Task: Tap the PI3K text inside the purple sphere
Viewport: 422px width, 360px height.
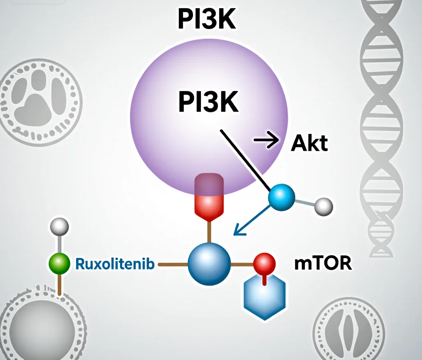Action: pyautogui.click(x=208, y=102)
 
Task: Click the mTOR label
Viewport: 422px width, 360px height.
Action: pyautogui.click(x=323, y=264)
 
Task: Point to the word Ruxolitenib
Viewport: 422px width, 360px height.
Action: pyautogui.click(x=115, y=264)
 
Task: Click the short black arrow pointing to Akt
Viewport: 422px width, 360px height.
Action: pyautogui.click(x=267, y=140)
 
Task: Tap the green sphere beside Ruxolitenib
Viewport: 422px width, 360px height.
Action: pyautogui.click(x=59, y=264)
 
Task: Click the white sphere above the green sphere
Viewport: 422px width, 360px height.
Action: pyautogui.click(x=59, y=227)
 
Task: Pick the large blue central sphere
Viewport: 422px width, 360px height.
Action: pyautogui.click(x=209, y=264)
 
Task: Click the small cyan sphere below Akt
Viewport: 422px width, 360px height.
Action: pyautogui.click(x=281, y=197)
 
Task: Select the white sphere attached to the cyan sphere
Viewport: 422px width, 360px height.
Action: pyautogui.click(x=324, y=207)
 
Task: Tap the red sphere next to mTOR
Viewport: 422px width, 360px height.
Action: pyautogui.click(x=265, y=264)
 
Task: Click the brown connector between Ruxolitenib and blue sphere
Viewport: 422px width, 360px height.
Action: pyautogui.click(x=173, y=265)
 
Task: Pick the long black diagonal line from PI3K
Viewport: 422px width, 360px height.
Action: pyautogui.click(x=246, y=160)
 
